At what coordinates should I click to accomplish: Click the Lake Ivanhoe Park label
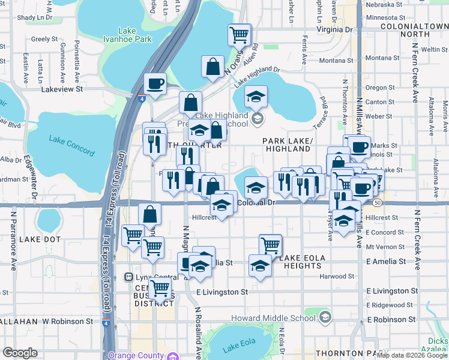(135, 35)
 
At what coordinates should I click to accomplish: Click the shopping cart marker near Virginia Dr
(240, 35)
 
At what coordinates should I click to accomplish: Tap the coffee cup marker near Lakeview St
(155, 84)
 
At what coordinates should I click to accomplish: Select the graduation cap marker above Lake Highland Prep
(256, 97)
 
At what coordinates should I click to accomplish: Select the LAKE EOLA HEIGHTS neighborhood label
(303, 262)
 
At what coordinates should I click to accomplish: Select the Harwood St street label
(338, 277)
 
